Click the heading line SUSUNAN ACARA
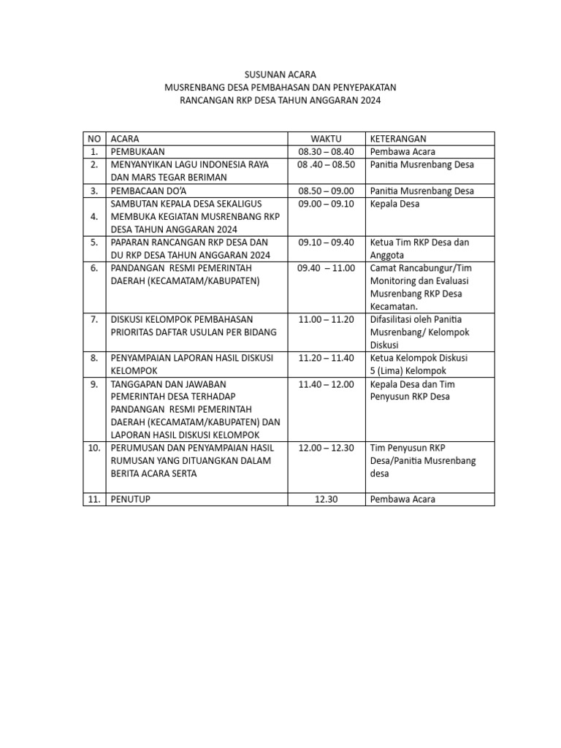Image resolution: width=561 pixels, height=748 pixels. coord(280,75)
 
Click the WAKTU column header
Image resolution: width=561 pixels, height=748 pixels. coord(326,138)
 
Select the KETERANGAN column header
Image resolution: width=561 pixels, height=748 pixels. coord(398,138)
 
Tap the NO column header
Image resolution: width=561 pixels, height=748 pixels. coord(94,138)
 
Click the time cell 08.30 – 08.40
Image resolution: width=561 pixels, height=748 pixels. coord(326,151)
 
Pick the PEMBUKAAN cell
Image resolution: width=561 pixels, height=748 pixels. coord(139,151)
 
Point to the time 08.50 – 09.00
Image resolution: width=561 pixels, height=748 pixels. coord(326,191)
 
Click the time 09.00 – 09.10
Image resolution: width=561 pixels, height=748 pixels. coord(326,204)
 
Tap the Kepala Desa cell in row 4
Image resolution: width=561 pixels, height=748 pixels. coord(394,204)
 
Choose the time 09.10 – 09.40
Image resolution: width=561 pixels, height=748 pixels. coord(326,242)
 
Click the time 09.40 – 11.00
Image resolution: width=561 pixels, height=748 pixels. coord(326,268)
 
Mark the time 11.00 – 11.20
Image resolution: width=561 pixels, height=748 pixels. coord(326,319)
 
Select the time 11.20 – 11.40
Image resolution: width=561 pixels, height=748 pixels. coord(326,358)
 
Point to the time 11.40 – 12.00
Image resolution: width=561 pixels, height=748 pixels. coord(326,384)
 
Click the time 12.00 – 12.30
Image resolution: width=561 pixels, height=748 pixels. coord(326,447)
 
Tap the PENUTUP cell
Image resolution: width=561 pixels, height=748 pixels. coord(132,499)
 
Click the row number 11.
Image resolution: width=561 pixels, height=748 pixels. coord(94,499)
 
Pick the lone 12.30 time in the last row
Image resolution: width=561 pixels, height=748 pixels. coord(326,499)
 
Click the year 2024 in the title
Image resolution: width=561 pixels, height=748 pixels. coord(369,100)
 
